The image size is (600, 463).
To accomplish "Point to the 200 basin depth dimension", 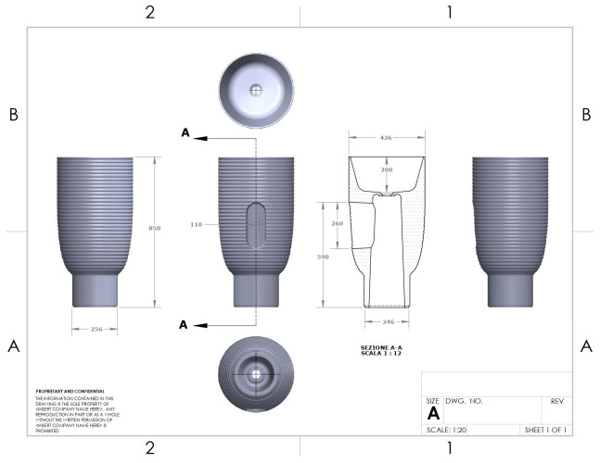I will (x=387, y=170).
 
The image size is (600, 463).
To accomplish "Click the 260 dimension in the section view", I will (x=337, y=223).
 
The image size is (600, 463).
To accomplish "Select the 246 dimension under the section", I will (x=387, y=321).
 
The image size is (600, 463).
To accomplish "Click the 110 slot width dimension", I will (x=196, y=224).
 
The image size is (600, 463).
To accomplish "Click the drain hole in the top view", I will (x=256, y=91).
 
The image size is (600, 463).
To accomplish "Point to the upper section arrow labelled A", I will (x=187, y=134).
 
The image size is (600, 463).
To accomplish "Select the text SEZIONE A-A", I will (x=380, y=347).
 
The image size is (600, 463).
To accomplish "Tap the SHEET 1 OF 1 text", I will (x=545, y=430).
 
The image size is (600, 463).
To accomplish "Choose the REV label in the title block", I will (x=557, y=402).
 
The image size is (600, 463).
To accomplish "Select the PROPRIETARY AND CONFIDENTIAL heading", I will (x=70, y=391).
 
